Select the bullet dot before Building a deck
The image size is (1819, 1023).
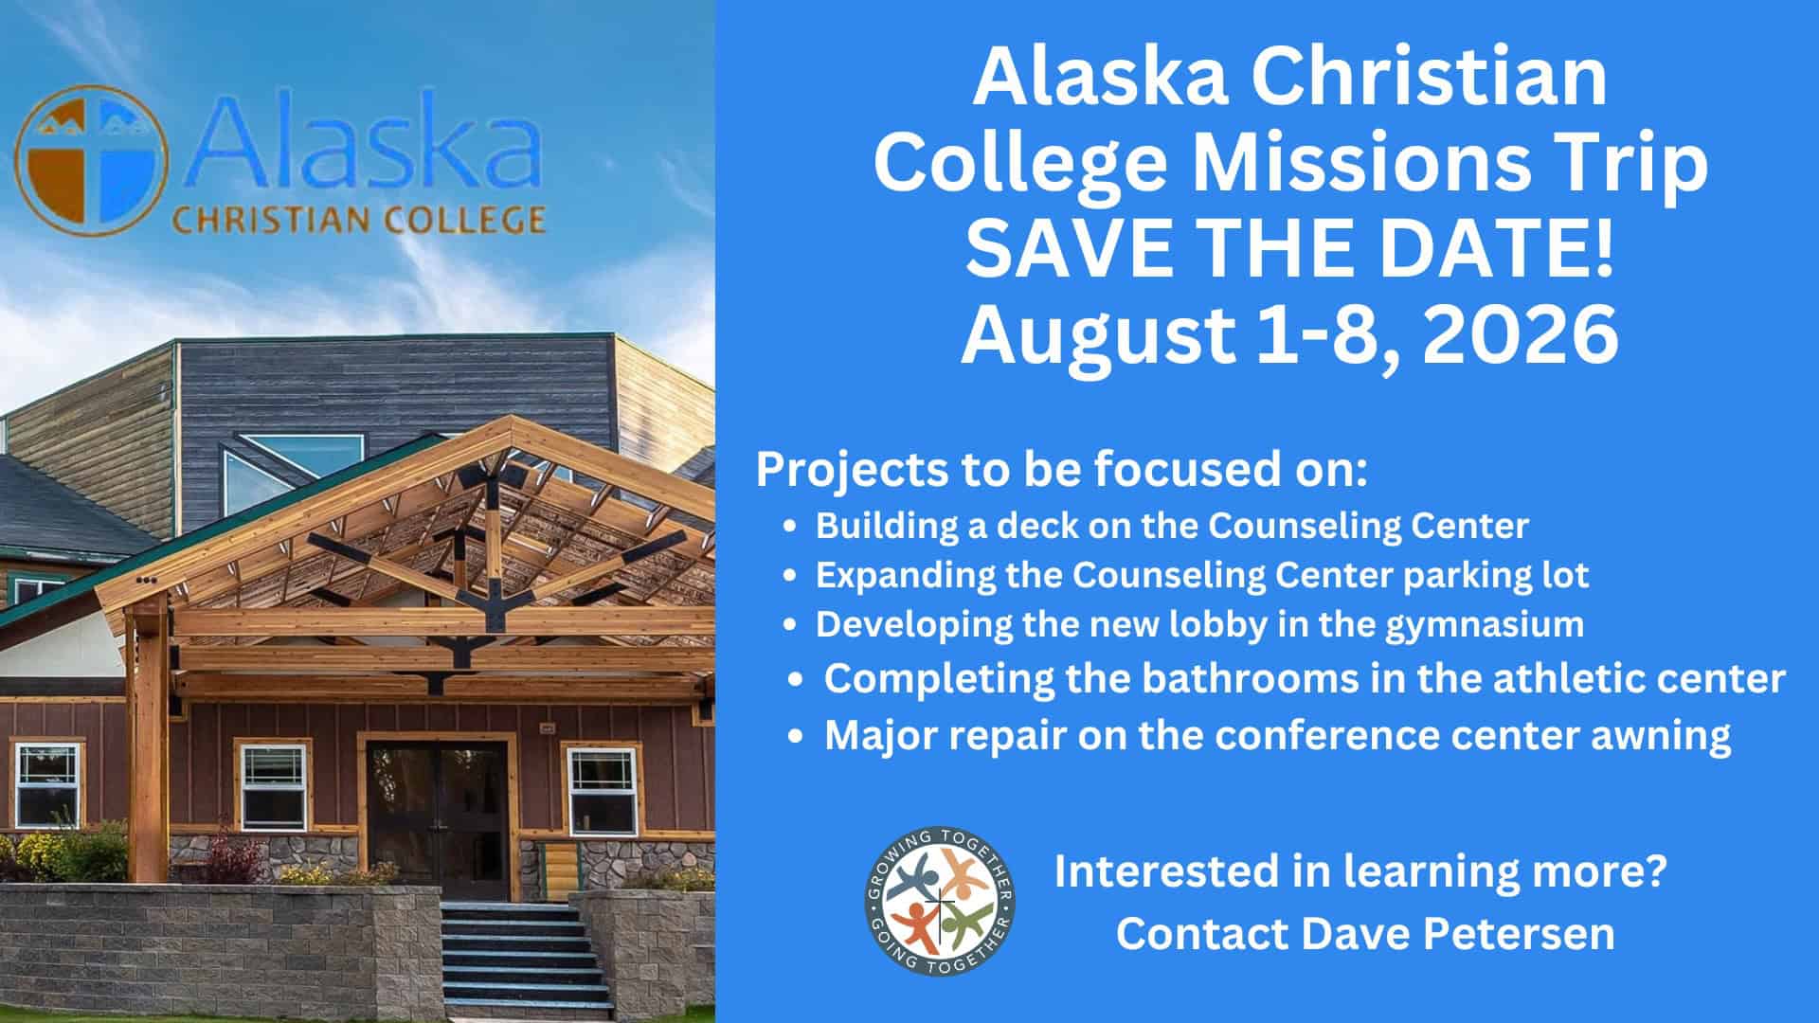790,528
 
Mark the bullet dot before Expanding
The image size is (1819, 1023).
790,577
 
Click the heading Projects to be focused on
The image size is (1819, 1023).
1062,471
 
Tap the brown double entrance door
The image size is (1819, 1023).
437,807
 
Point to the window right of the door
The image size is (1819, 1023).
603,789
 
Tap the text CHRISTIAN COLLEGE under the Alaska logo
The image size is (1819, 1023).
357,221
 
